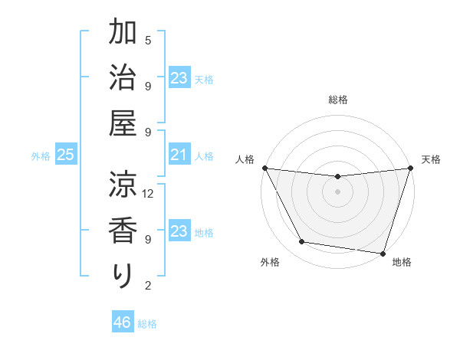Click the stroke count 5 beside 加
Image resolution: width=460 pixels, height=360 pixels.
[148, 40]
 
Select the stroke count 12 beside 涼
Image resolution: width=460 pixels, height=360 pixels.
[148, 193]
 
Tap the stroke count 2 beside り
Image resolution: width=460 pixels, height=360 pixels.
[148, 286]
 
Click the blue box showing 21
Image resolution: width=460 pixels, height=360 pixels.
[179, 155]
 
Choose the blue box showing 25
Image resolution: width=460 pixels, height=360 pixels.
[65, 155]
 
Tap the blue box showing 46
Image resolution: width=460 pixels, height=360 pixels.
[122, 322]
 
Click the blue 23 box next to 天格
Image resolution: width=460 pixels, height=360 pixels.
[179, 78]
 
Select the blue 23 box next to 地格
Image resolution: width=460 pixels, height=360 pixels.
[179, 232]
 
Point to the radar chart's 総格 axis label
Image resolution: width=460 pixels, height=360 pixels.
[337, 100]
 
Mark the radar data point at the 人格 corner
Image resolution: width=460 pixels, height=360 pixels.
[264, 168]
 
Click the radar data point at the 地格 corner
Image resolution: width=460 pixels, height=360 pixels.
[383, 253]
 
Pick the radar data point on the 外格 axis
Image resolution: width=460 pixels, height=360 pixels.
[302, 242]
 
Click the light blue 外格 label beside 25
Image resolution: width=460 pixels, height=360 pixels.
[41, 156]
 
